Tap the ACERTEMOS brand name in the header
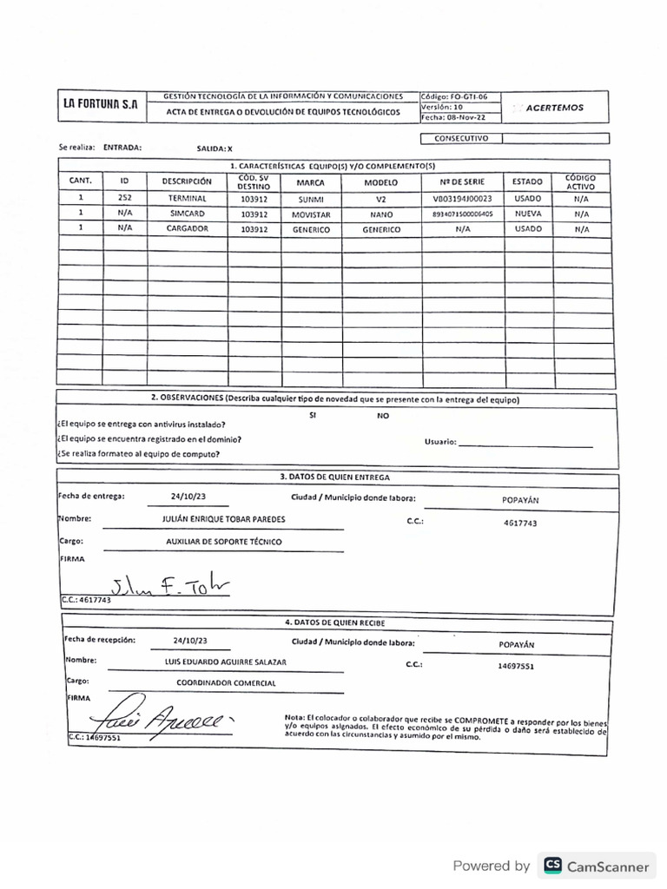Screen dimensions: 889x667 (x=554, y=108)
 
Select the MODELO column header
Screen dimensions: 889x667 (x=380, y=183)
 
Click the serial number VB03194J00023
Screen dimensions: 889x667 (x=461, y=198)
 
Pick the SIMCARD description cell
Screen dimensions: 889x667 (x=187, y=214)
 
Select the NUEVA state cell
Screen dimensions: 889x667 (x=527, y=214)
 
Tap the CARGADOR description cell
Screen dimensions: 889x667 (x=187, y=229)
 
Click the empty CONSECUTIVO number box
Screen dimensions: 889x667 (x=554, y=137)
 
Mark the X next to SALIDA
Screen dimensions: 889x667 (x=229, y=148)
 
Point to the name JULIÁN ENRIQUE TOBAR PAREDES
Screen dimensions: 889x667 (x=223, y=519)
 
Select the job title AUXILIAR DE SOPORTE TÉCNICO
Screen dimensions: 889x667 (x=223, y=542)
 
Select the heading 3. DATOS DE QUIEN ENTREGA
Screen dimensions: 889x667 (x=334, y=477)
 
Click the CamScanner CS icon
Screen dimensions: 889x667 (x=551, y=866)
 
